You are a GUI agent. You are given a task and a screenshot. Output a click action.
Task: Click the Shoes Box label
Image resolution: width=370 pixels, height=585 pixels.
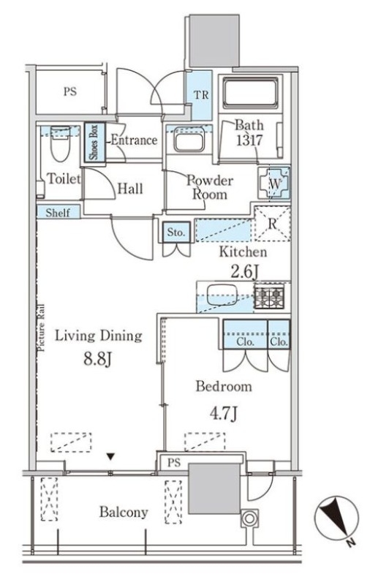(94, 142)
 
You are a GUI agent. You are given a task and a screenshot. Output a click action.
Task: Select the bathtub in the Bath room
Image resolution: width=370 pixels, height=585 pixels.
(250, 93)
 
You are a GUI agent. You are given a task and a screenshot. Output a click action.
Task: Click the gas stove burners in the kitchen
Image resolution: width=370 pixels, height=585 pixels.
(269, 298)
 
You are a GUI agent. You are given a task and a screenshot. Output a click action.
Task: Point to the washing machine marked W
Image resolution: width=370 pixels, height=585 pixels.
(274, 184)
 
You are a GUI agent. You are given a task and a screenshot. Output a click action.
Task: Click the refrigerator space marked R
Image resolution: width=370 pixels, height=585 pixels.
(272, 224)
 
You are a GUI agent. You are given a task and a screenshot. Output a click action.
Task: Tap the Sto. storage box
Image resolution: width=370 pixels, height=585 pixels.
(176, 232)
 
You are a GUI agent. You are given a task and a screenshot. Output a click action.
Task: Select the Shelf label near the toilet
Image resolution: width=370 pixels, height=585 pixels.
(58, 213)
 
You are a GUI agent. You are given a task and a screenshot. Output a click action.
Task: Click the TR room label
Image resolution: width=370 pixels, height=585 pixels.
(201, 95)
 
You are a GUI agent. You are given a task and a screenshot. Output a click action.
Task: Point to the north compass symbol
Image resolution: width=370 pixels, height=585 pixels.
(336, 518)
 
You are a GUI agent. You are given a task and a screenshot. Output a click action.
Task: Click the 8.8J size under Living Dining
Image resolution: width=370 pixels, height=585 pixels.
(97, 360)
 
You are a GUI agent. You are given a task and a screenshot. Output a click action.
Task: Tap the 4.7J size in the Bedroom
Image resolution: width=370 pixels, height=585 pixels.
(224, 413)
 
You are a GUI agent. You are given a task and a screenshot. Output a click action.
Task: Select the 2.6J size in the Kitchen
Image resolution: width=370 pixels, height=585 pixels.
(244, 271)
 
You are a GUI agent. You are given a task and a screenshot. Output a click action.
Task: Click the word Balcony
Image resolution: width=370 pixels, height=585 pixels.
(124, 513)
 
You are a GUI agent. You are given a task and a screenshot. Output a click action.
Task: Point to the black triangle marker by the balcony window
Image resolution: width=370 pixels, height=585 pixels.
(110, 456)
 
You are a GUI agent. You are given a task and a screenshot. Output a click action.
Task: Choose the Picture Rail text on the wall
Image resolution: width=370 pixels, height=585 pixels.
(41, 328)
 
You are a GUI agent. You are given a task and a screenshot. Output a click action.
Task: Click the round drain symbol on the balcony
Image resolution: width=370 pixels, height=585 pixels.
(249, 518)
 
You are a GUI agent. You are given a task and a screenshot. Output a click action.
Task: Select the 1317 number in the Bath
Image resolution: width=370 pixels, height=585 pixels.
(249, 140)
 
